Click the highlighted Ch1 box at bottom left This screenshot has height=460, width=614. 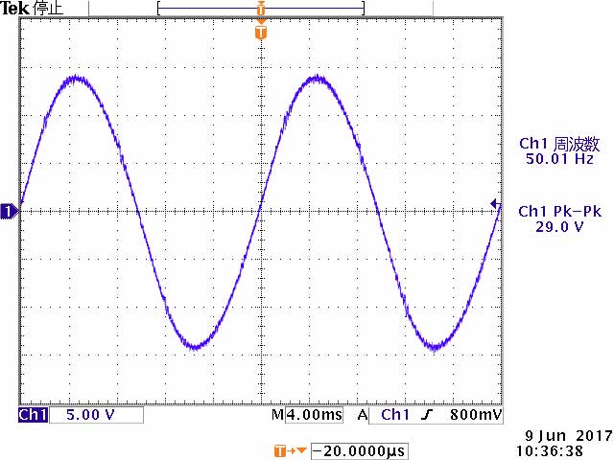(33, 415)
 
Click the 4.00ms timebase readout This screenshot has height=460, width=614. (307, 415)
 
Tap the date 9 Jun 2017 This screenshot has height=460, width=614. (560, 434)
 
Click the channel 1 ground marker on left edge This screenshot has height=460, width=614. (9, 211)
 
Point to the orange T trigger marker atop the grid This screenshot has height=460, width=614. (260, 33)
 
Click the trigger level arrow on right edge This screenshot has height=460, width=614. (495, 203)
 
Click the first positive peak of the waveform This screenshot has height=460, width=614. (75, 79)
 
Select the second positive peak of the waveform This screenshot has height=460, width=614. (316, 79)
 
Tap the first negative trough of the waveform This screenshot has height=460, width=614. (196, 345)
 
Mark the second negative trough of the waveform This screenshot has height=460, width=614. (437, 345)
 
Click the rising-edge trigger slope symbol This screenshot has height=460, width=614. (425, 415)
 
